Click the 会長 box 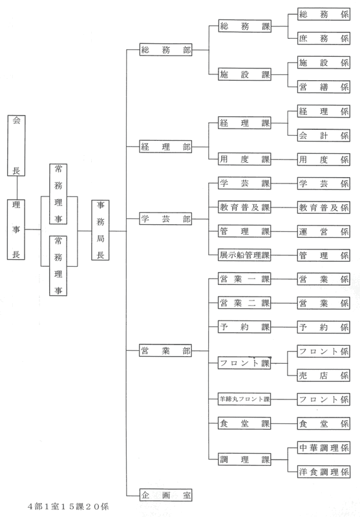[17, 145]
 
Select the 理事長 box [16, 229]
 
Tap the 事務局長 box [100, 230]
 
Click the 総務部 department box [165, 50]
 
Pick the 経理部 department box [165, 147]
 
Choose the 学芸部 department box [165, 219]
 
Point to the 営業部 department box [165, 350]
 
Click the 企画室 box [165, 495]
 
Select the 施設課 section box [244, 74]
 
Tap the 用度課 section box [244, 159]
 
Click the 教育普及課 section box [244, 207]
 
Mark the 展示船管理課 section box [244, 255]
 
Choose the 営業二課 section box [244, 303]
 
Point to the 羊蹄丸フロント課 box [244, 399]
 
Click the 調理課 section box [244, 459]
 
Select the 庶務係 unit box [323, 38]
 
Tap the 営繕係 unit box [323, 87]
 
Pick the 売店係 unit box [323, 375]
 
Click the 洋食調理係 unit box [323, 472]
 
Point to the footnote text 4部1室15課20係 [68, 507]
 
